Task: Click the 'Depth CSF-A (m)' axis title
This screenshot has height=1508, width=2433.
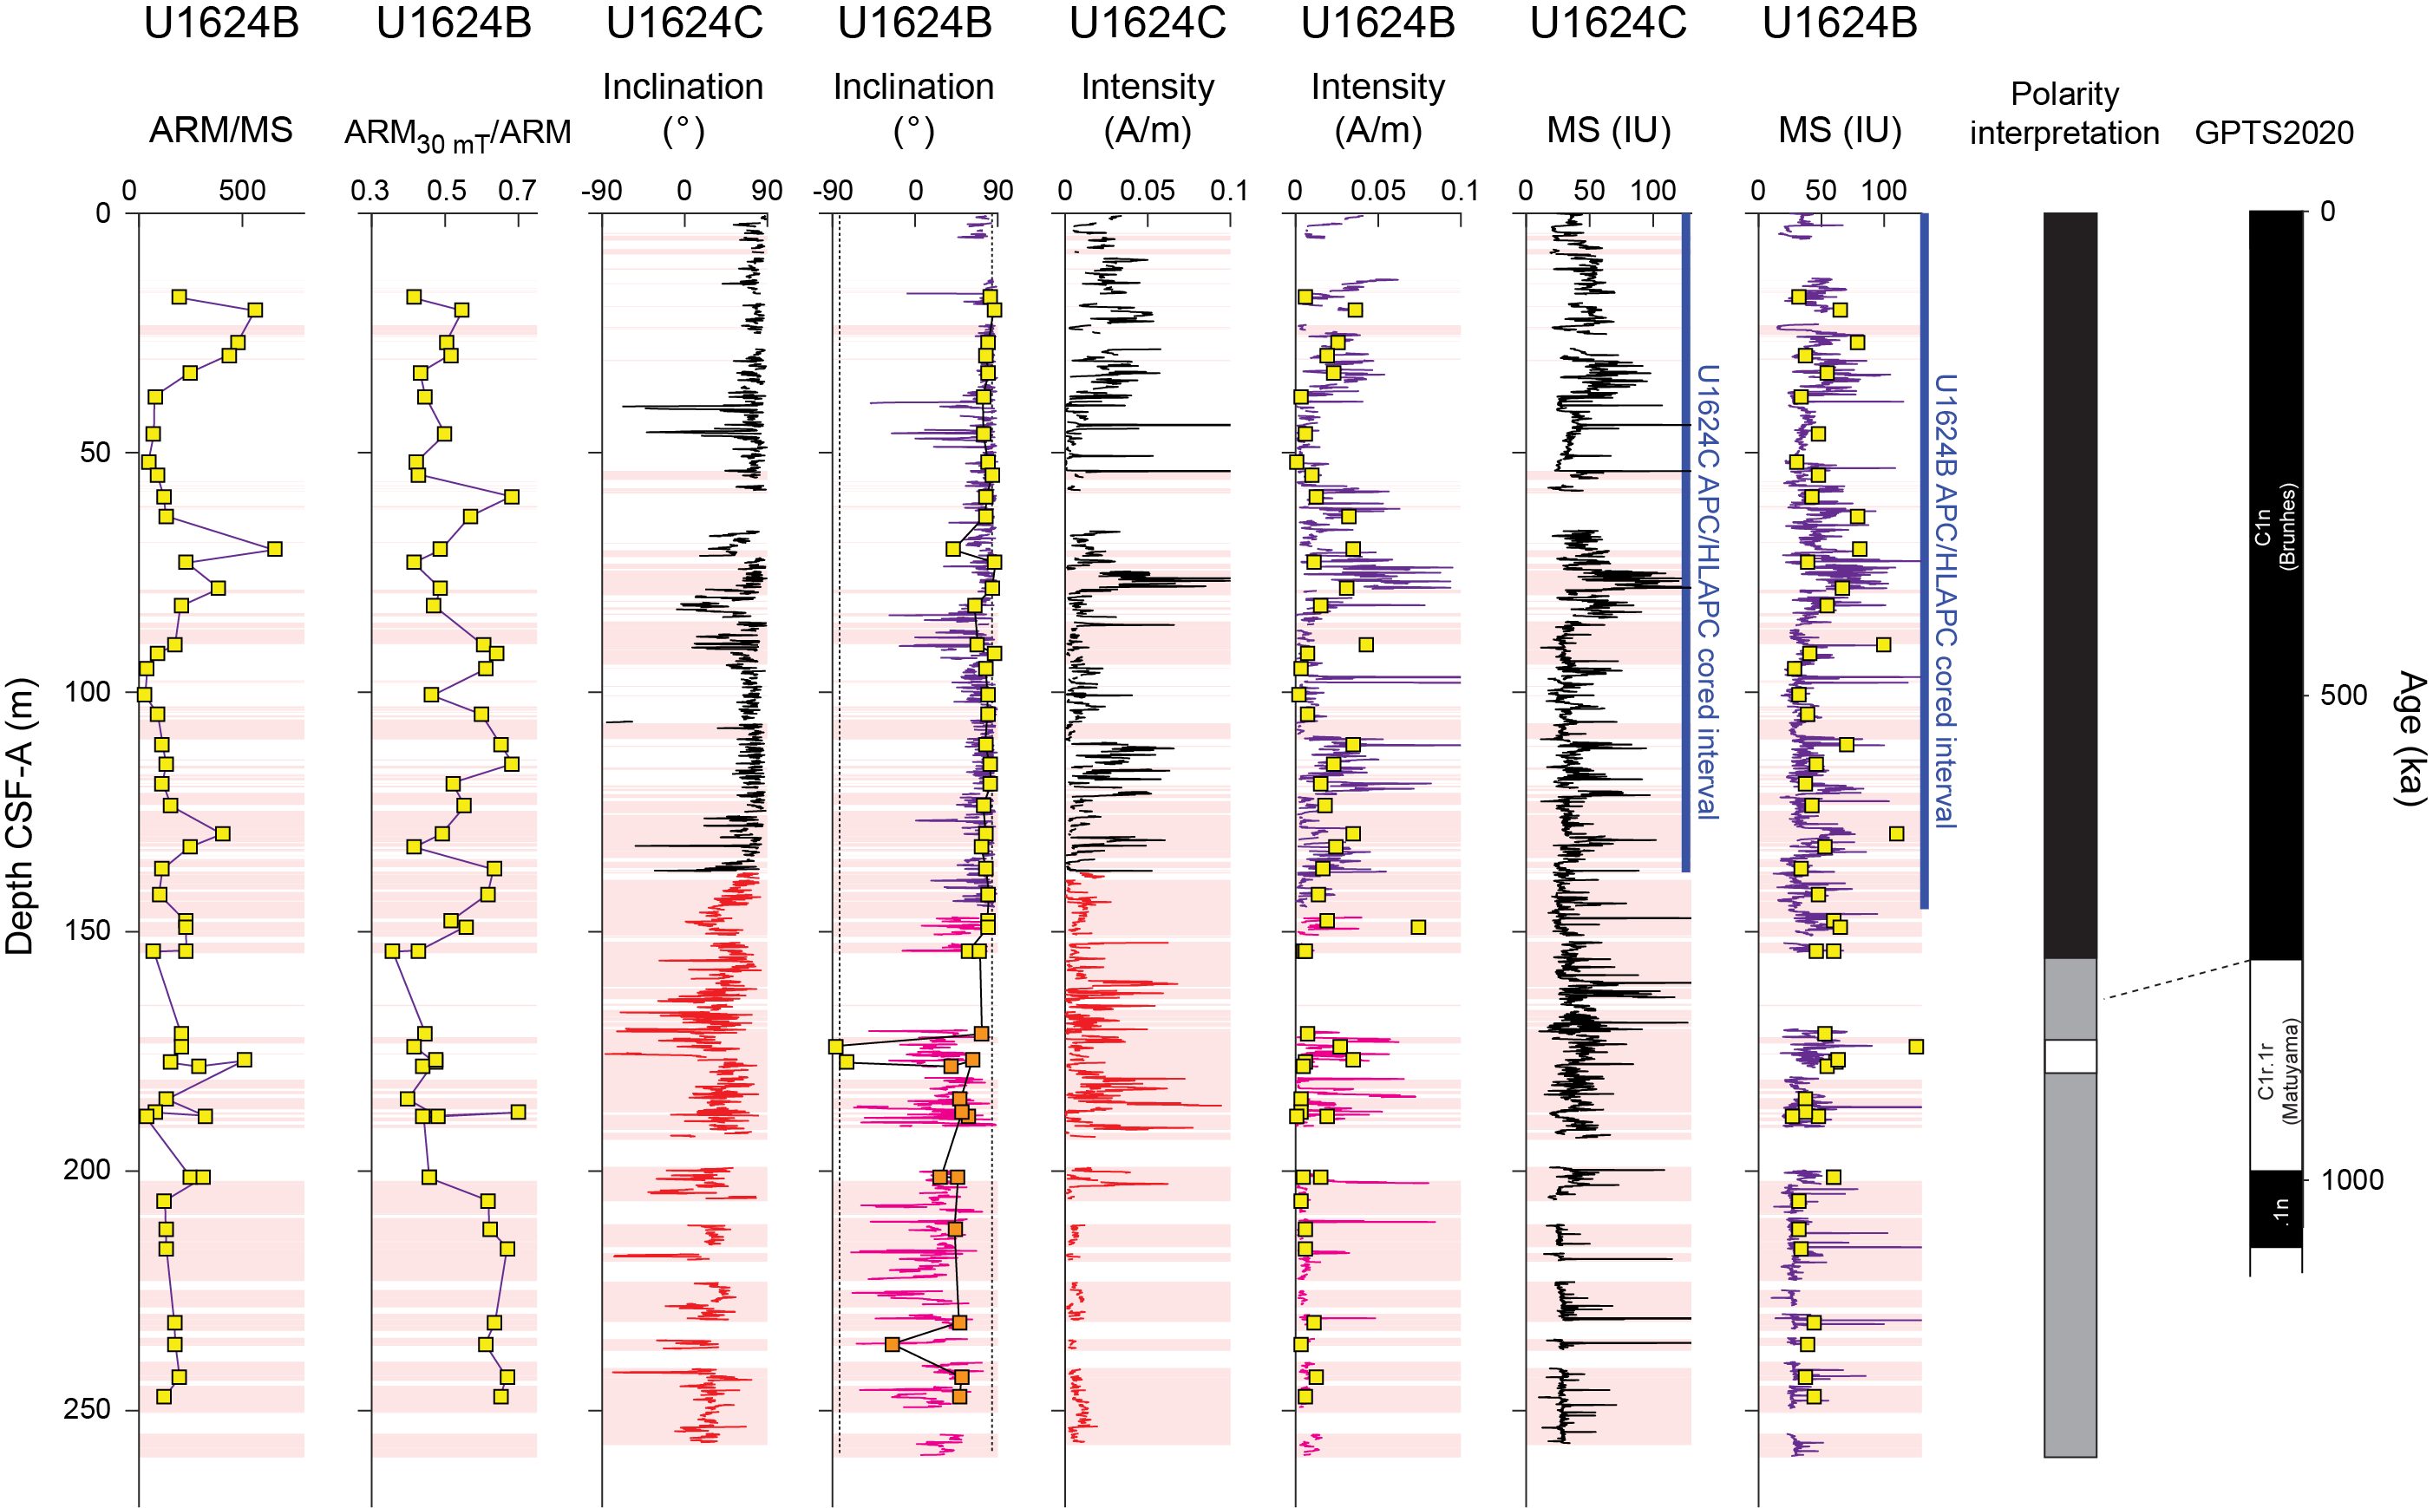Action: (20, 816)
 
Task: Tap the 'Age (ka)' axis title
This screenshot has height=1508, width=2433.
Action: (2410, 738)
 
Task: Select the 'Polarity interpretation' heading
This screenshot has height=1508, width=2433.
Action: (2063, 113)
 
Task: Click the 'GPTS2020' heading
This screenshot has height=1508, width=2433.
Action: (2273, 133)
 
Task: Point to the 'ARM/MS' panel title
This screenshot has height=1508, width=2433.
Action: (220, 130)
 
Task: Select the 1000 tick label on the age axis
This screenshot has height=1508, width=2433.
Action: (2351, 1180)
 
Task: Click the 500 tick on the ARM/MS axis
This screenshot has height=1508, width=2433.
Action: (241, 191)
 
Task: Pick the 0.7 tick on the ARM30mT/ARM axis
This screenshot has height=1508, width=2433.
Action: (517, 191)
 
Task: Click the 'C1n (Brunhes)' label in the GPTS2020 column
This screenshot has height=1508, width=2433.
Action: (2274, 526)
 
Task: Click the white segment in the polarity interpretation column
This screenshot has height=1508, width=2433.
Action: (2069, 1056)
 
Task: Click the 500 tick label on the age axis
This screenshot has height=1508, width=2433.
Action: (2343, 695)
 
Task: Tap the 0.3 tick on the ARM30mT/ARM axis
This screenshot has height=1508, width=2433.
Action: (370, 191)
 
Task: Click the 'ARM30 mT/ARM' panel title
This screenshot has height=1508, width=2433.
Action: (457, 134)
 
